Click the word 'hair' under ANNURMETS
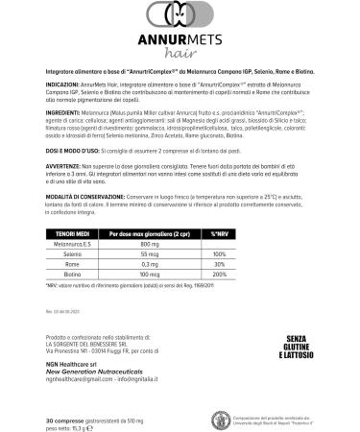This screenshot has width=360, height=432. [x=180, y=57]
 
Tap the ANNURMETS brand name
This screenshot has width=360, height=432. [x=180, y=41]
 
